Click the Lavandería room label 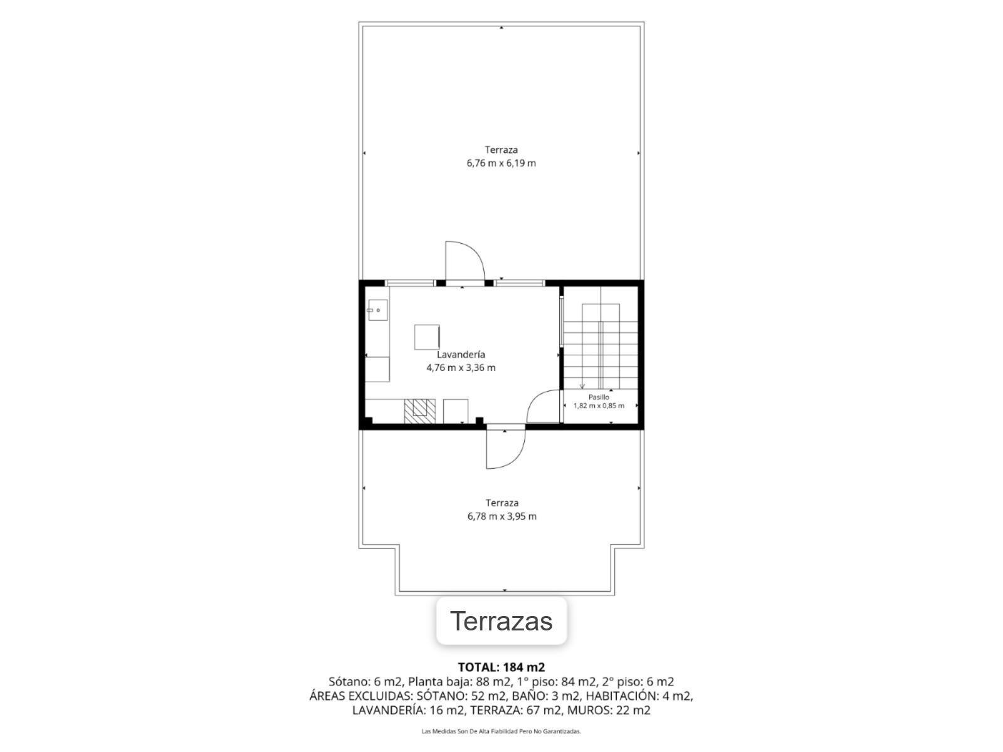[461, 354]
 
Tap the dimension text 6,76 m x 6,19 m [501, 163]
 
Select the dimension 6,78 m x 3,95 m [501, 516]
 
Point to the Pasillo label [599, 397]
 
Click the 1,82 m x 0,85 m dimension [599, 405]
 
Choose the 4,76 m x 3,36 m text [461, 368]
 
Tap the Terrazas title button [501, 621]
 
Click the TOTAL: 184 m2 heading [501, 667]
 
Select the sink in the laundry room [378, 310]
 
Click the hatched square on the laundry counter [419, 411]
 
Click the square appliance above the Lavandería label [427, 337]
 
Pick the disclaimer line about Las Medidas [501, 731]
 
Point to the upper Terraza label [501, 150]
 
